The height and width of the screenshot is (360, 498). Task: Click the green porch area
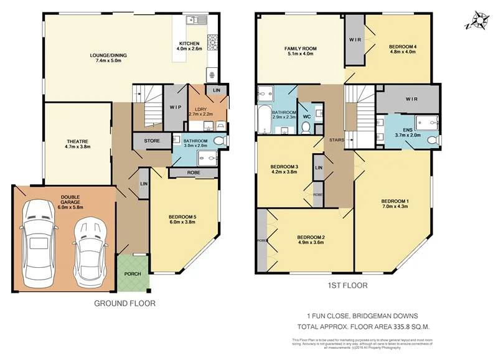click(133, 273)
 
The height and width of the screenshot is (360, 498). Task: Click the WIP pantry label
click(174, 107)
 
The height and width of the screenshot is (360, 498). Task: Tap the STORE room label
click(151, 141)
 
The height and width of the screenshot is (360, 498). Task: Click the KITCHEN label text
click(189, 44)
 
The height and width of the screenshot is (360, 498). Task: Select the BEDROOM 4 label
click(402, 47)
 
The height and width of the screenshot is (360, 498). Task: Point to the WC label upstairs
click(306, 116)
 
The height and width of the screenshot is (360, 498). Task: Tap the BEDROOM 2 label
click(311, 237)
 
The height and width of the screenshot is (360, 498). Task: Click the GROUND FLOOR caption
click(125, 303)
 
